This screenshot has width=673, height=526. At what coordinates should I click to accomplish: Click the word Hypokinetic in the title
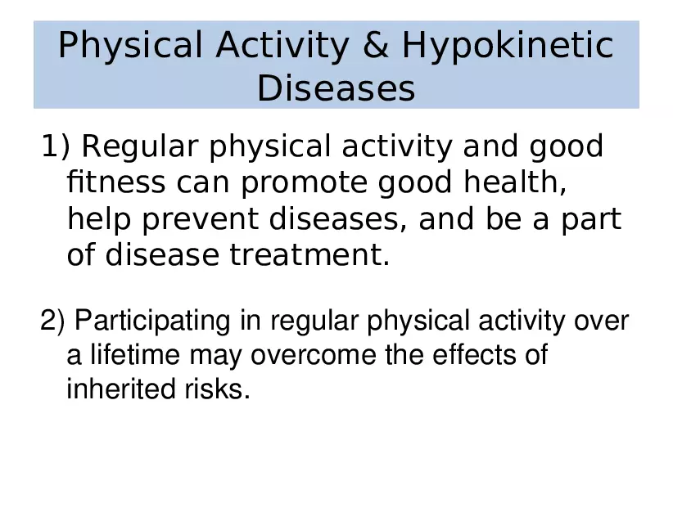(508, 47)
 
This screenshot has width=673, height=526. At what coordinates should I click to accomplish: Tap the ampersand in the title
(376, 47)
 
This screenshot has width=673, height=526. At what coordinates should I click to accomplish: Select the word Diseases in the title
(336, 88)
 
